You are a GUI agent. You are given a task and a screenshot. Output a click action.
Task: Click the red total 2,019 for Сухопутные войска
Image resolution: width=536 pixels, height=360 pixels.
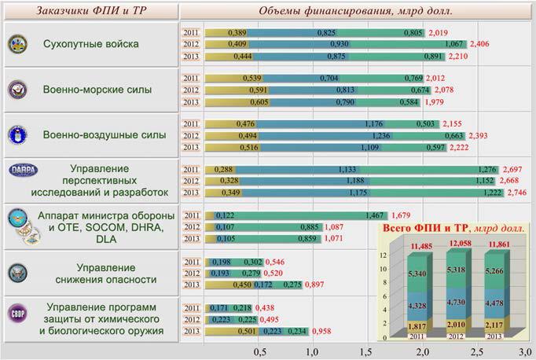[x=438, y=32]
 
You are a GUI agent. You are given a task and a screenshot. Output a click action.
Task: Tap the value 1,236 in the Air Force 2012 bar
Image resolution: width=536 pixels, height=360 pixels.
[x=380, y=135]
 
